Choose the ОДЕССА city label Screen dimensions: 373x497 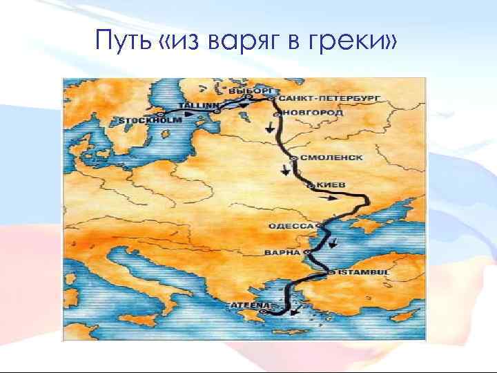[292, 226]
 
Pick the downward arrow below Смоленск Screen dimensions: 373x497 [286, 171]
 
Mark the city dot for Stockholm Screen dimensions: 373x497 [160, 113]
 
